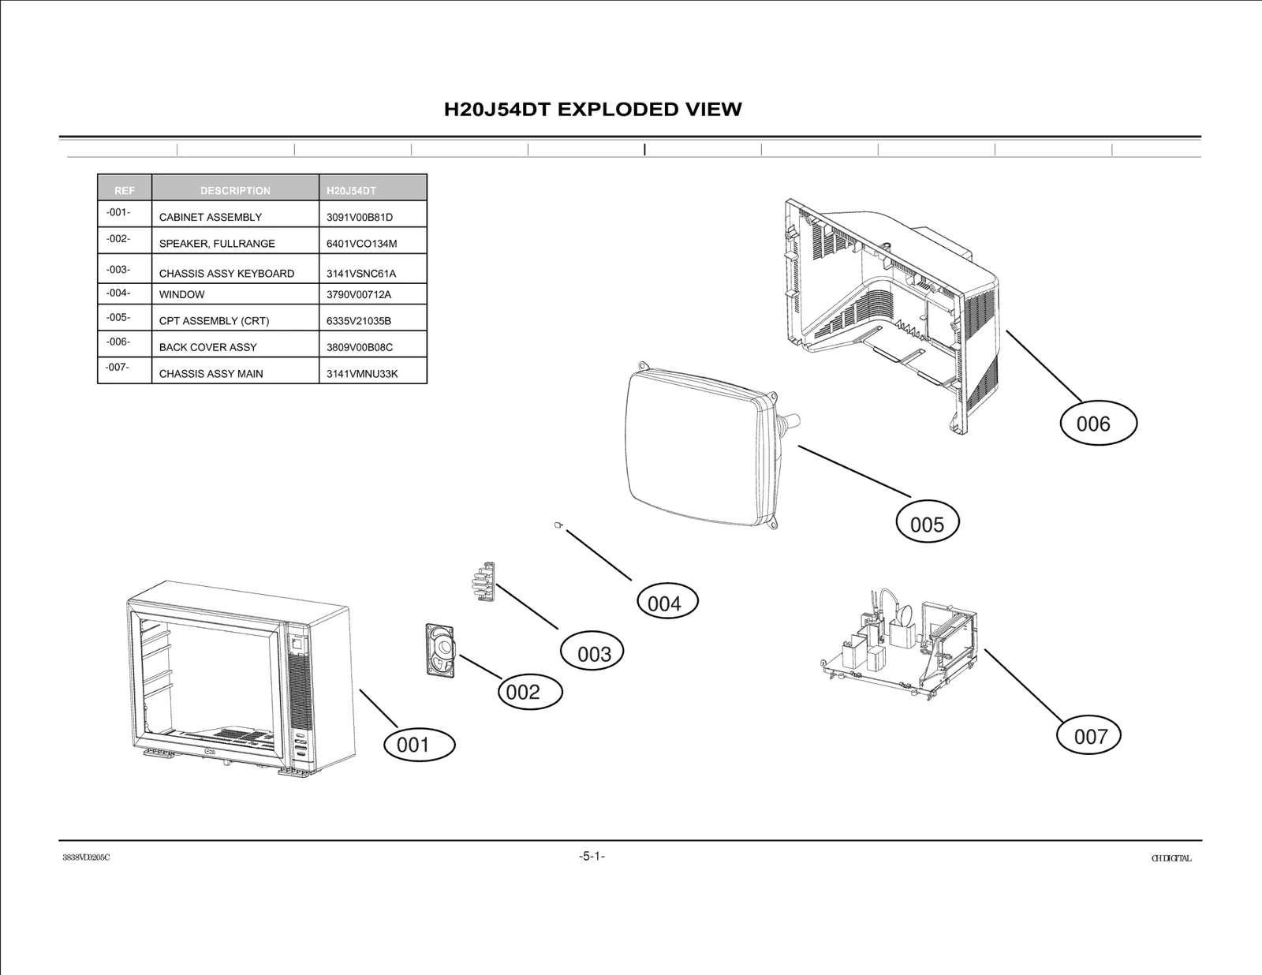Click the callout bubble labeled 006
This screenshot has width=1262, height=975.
point(1096,424)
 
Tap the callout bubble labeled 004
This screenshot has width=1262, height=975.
point(666,602)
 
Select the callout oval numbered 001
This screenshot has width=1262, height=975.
point(419,745)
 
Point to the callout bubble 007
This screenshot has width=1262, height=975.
point(1088,735)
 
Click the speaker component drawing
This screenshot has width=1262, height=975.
point(440,650)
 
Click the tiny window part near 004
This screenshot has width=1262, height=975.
point(558,525)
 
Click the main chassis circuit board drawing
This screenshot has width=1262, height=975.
point(899,647)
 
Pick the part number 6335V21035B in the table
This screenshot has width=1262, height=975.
point(359,321)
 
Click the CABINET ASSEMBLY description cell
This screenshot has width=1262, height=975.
point(211,217)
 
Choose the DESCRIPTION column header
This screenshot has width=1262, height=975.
point(235,190)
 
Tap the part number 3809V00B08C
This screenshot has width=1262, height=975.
point(360,347)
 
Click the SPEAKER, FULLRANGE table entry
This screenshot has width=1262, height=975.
point(217,244)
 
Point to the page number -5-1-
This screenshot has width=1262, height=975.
point(592,856)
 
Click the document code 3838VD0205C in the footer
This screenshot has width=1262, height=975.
point(86,858)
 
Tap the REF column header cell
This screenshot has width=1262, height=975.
point(125,190)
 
